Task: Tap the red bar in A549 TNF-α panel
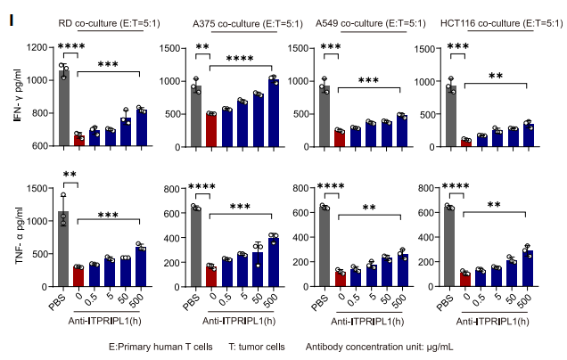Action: coord(340,277)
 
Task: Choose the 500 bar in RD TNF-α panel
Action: coord(141,266)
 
